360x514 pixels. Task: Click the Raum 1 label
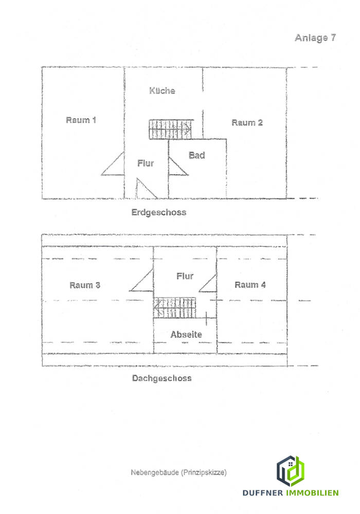point(81,120)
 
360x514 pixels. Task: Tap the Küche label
point(162,91)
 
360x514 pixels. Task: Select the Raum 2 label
point(247,122)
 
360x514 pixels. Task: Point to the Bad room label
point(196,155)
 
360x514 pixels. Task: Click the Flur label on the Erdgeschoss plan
point(146,163)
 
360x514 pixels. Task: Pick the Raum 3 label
point(85,285)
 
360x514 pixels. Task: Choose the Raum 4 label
point(250,285)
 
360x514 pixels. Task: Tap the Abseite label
point(186,335)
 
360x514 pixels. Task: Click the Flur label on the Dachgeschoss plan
point(185,277)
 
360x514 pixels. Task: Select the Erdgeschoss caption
point(158,212)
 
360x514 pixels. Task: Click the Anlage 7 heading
point(315,38)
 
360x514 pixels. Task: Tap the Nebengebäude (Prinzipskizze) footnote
point(178,472)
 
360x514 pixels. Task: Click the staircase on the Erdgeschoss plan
point(171,129)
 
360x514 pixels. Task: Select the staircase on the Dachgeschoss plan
point(174,307)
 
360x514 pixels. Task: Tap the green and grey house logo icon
point(291,471)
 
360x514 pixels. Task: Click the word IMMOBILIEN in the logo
point(312,493)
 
